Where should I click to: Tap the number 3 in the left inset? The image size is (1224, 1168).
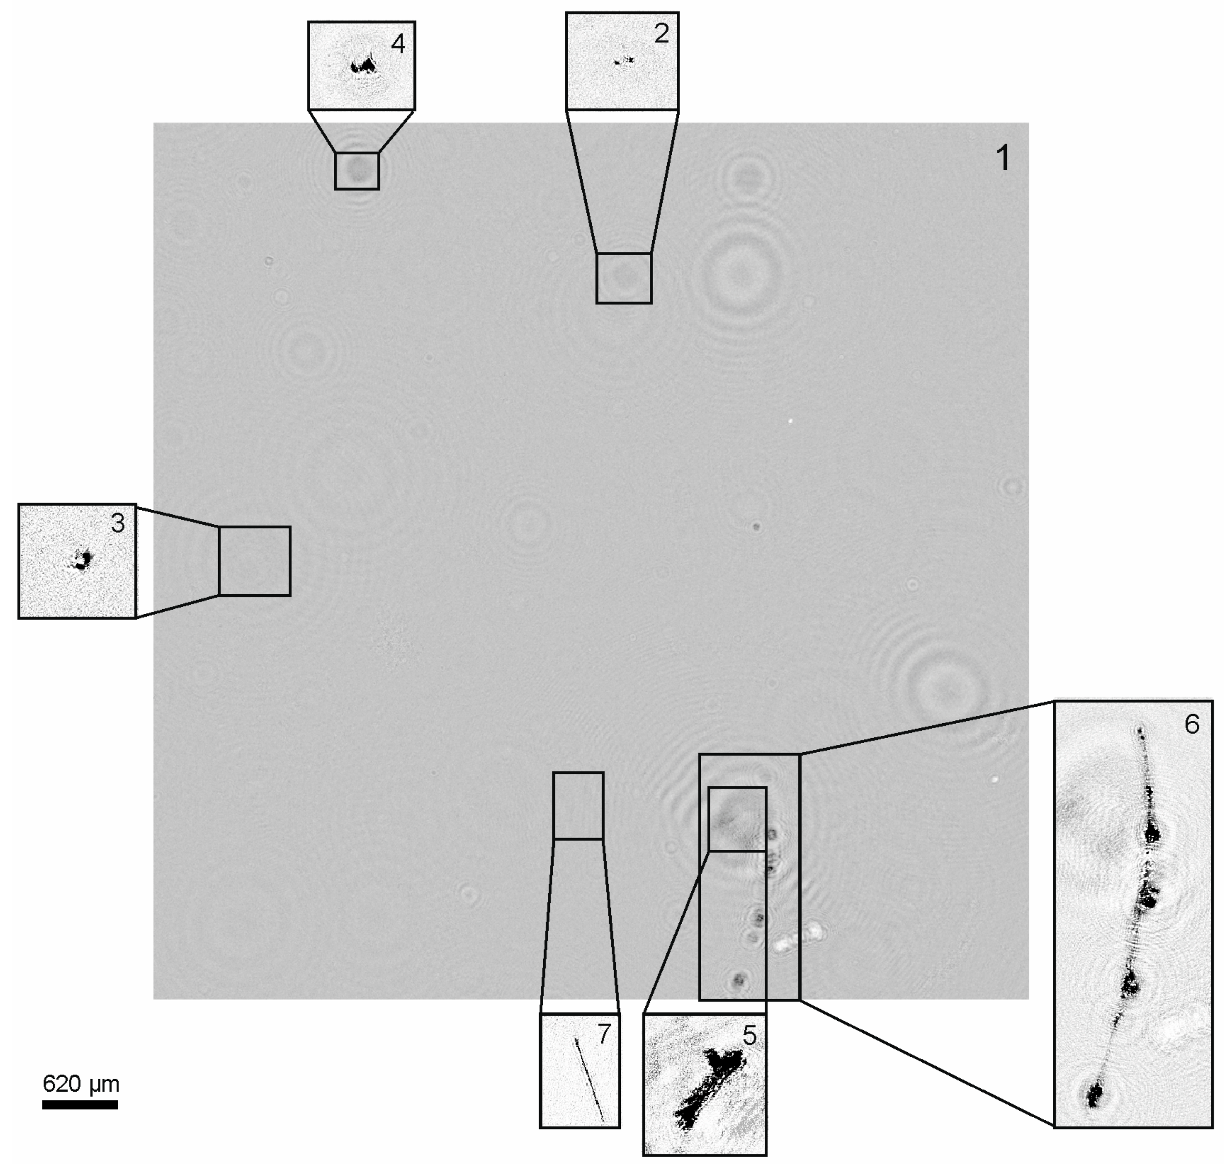118,523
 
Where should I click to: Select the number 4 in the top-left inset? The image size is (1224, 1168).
398,44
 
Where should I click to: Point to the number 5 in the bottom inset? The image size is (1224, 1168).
749,1036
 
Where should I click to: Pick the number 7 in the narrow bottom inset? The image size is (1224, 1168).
604,1034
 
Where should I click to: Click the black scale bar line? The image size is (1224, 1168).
80,1105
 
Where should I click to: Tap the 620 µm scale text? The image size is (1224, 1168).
80,1084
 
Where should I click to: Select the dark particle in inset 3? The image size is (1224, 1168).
82,560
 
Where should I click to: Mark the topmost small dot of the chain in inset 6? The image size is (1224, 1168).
1140,729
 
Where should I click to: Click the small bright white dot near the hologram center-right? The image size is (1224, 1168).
790,421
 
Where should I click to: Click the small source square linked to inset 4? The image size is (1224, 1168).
356,171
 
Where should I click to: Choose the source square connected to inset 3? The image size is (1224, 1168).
254,561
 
